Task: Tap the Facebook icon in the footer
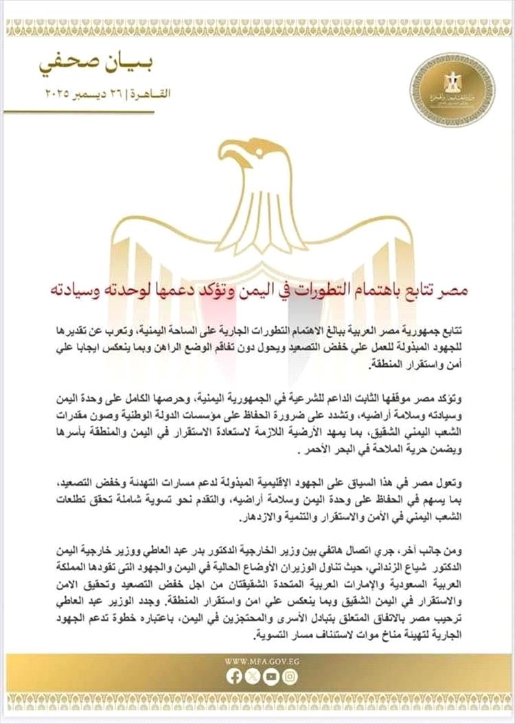click(233, 677)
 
